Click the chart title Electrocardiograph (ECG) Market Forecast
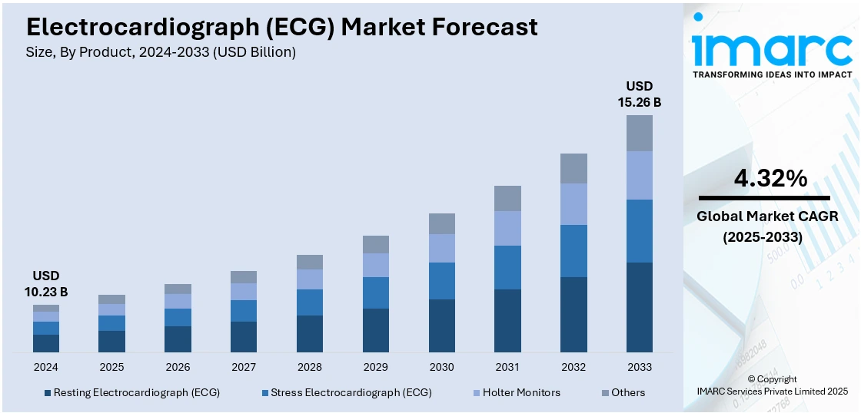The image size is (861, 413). point(281,27)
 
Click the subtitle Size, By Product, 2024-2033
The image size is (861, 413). point(161,52)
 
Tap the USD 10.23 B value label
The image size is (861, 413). point(45,283)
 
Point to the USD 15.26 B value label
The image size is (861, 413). point(640,94)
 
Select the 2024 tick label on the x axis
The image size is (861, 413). point(45,367)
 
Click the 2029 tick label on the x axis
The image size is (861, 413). point(376,367)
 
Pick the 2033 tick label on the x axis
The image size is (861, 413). point(640,367)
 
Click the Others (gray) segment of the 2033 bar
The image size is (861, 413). point(640,133)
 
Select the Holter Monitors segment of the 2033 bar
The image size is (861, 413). point(640,175)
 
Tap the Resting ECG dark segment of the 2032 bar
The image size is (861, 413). point(573,315)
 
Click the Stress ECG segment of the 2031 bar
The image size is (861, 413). point(507,267)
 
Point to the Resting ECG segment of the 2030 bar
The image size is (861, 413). point(441,326)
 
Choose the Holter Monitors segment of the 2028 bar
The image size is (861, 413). point(310,279)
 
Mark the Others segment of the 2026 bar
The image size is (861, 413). point(178,289)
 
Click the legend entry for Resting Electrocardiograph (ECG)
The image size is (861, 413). point(132,392)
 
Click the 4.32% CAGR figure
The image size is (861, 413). point(770,179)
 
